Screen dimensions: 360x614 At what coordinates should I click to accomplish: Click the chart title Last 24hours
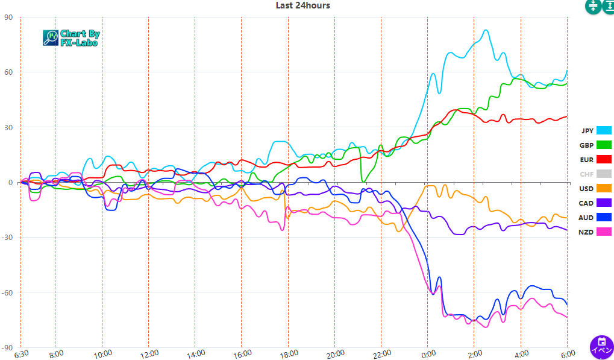[x=302, y=5]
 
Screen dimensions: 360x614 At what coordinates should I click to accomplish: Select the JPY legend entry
[x=595, y=130]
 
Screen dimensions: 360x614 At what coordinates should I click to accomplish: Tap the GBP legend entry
[x=595, y=145]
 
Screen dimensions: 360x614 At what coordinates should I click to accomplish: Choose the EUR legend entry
[x=595, y=160]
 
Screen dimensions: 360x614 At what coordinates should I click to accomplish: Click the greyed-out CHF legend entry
[x=595, y=174]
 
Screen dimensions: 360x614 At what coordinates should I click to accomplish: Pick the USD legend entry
[x=595, y=189]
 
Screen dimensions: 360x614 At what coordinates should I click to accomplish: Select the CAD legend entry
[x=595, y=203]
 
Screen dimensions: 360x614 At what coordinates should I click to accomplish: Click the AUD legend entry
[x=595, y=218]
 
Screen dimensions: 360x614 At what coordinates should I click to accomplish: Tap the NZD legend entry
[x=595, y=232]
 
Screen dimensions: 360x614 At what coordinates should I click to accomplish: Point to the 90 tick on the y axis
[x=8, y=17]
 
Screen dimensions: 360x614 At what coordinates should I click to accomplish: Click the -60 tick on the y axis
[x=7, y=292]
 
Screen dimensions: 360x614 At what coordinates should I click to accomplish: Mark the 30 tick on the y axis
[x=8, y=127]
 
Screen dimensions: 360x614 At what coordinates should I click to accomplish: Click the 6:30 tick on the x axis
[x=21, y=353]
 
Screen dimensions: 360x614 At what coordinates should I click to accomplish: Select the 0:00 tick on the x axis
[x=428, y=353]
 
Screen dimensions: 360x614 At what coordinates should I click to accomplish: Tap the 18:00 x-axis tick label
[x=288, y=353]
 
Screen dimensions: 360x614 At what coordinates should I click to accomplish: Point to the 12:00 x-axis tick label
[x=149, y=353]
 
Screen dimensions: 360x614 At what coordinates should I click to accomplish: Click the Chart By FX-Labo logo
[x=72, y=38]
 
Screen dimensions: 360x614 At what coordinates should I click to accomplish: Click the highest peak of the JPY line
[x=486, y=30]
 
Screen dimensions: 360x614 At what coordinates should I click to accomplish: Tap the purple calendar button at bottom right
[x=601, y=347]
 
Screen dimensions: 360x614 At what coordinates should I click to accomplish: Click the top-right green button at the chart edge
[x=608, y=6]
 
